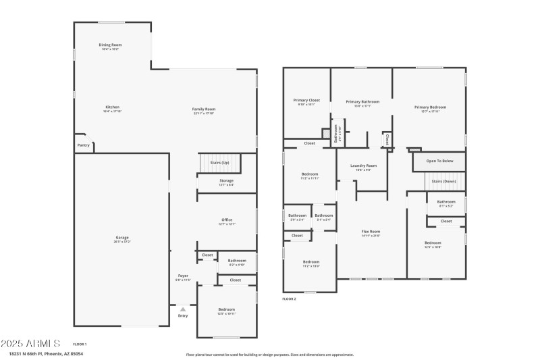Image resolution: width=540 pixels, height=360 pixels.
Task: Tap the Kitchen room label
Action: pyautogui.click(x=112, y=107)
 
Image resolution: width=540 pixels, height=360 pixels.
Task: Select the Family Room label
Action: pyautogui.click(x=203, y=109)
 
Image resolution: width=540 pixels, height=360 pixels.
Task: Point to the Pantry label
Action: pyautogui.click(x=83, y=145)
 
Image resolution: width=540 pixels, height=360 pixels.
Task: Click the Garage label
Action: pyautogui.click(x=122, y=238)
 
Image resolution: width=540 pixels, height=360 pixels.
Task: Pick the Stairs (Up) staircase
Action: pyautogui.click(x=219, y=163)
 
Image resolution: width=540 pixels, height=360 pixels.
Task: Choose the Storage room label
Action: pyautogui.click(x=226, y=181)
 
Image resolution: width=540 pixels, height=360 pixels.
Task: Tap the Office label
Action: pyautogui.click(x=227, y=220)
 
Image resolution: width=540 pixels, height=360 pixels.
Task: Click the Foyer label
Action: pyautogui.click(x=183, y=276)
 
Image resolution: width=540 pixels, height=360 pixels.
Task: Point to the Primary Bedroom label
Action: pyautogui.click(x=430, y=107)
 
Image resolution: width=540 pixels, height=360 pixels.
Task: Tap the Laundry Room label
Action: pyautogui.click(x=363, y=165)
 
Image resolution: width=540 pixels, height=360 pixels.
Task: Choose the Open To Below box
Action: pyautogui.click(x=439, y=161)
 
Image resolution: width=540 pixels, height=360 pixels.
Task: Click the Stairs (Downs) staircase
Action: pyautogui.click(x=445, y=181)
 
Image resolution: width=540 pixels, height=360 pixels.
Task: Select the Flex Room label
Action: pyautogui.click(x=371, y=232)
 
